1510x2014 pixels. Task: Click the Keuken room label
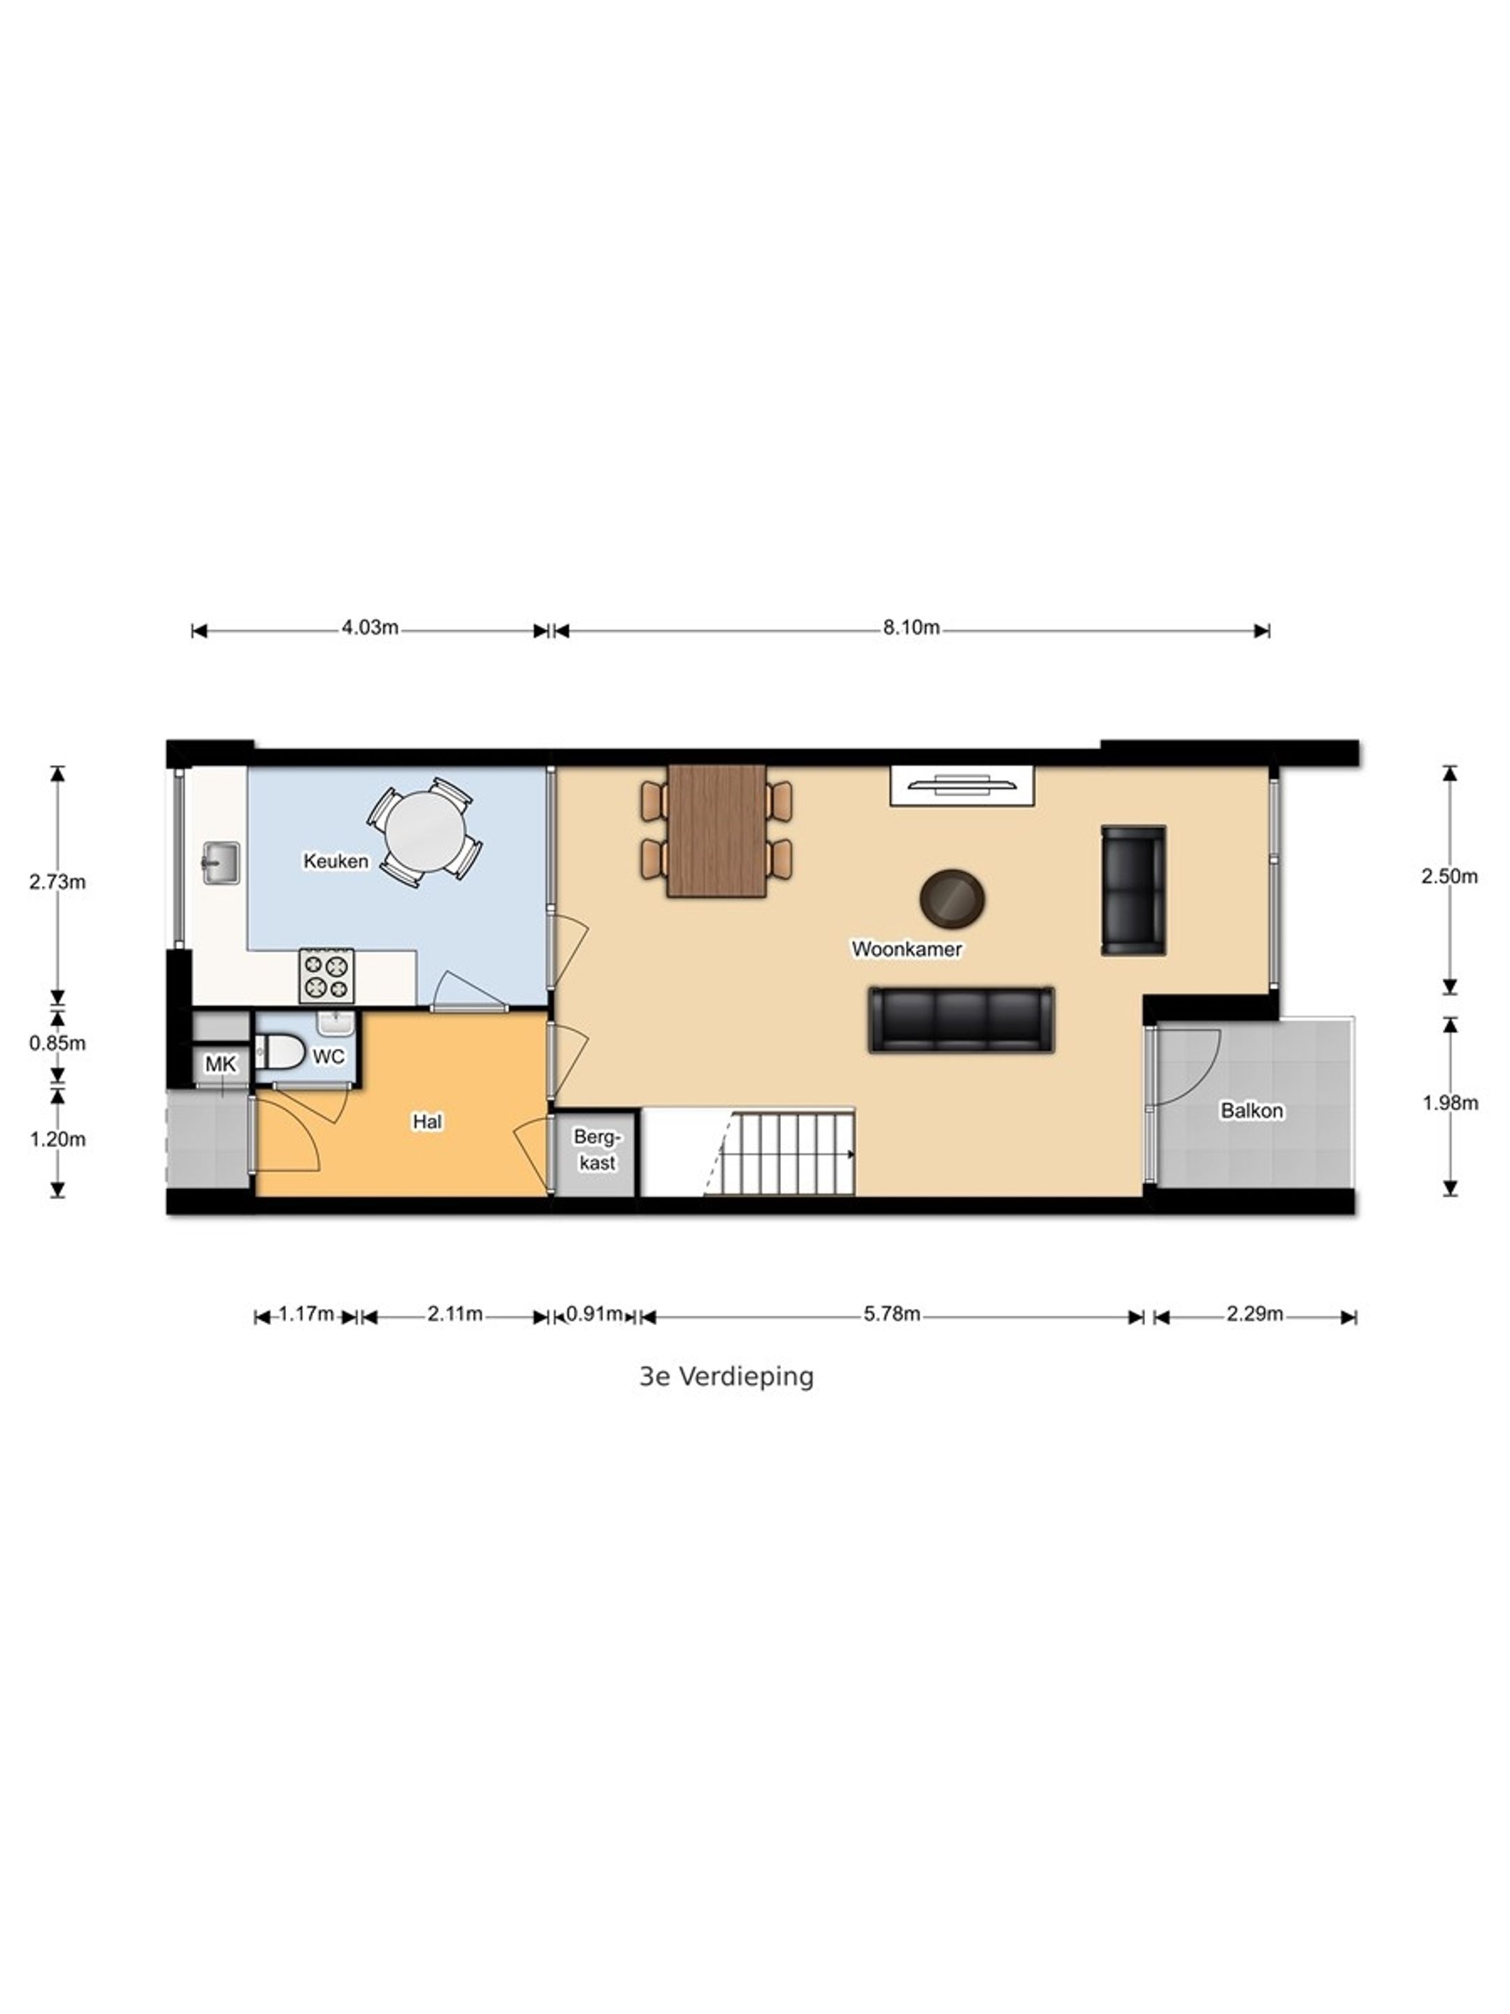[336, 860]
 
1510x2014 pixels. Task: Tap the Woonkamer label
[907, 949]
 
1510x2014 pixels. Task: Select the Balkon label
[1251, 1110]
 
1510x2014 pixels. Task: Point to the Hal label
[427, 1122]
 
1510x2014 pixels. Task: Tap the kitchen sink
[220, 863]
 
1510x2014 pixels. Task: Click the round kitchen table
[423, 831]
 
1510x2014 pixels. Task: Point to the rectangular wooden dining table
[717, 830]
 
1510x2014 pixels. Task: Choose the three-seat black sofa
[961, 1020]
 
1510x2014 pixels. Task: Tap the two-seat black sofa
[1133, 890]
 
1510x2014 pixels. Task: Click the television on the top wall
[962, 785]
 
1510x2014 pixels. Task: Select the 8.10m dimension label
[911, 627]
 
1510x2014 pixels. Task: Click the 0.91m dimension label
[594, 1314]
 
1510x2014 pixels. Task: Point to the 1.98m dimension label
[1450, 1103]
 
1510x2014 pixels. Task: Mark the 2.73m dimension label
[57, 881]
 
